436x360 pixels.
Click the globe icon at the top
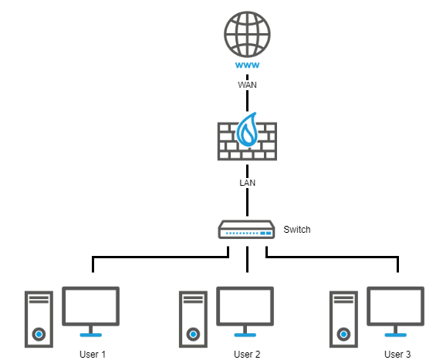pos(247,34)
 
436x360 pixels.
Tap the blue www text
pos(247,65)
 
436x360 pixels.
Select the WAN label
pos(247,85)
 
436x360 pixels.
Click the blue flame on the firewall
pos(247,130)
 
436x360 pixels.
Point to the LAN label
pos(247,183)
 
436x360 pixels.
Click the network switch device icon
pos(246,230)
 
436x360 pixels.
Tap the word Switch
pos(296,230)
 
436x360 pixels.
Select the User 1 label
pos(93,354)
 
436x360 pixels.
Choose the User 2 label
pos(247,354)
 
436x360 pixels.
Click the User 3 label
pos(397,354)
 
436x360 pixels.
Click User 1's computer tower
pos(39,319)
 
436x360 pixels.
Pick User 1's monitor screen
pos(90,306)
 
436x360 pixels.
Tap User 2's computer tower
pos(193,319)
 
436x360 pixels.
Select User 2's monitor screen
pos(245,306)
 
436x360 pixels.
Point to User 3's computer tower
pos(343,319)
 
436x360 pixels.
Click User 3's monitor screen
pos(395,306)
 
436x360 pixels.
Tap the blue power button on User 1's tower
pos(39,334)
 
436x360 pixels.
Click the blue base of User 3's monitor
pos(395,335)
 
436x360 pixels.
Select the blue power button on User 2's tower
pos(193,334)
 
